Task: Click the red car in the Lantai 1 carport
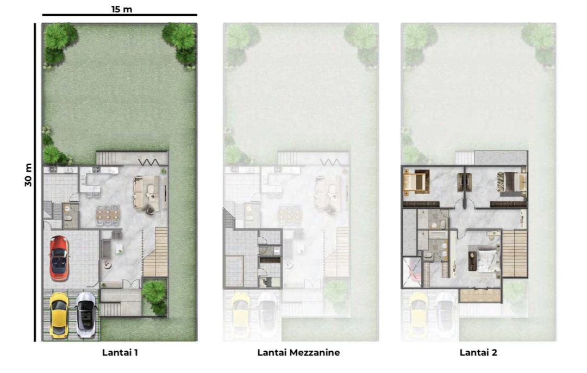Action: [x=59, y=258]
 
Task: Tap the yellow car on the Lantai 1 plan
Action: [x=59, y=315]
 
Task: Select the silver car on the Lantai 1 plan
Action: [x=86, y=315]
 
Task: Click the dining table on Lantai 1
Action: [x=108, y=215]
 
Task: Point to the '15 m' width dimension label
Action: [x=122, y=9]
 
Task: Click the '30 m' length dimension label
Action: [x=28, y=175]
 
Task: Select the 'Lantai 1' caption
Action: [x=120, y=352]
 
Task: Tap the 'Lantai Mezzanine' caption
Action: [x=298, y=352]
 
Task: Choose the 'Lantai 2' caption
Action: [x=478, y=352]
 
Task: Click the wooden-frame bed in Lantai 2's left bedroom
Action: [x=416, y=182]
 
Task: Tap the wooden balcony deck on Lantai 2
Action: [x=480, y=295]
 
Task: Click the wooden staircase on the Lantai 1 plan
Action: [x=155, y=251]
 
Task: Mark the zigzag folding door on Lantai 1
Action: [x=149, y=162]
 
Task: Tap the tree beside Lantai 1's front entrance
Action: [x=154, y=296]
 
